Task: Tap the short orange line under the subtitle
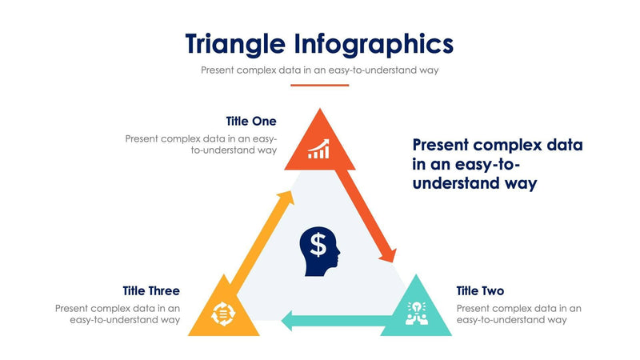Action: pyautogui.click(x=319, y=85)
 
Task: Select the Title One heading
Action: pyautogui.click(x=250, y=122)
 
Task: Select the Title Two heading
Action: pyautogui.click(x=480, y=290)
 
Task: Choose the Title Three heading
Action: pyautogui.click(x=151, y=290)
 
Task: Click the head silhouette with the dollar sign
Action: pyautogui.click(x=319, y=251)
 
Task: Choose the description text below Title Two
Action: pyautogui.click(x=518, y=314)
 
